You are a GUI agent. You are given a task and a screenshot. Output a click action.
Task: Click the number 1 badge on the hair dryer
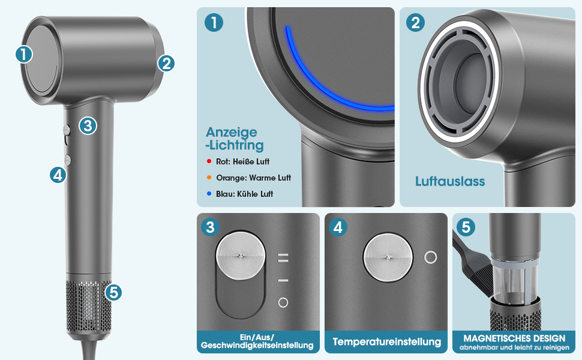(24, 55)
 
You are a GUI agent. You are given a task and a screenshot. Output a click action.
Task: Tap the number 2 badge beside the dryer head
(166, 64)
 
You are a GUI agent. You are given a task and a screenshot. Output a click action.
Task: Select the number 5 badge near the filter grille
(113, 292)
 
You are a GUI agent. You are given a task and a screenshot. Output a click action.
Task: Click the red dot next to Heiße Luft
(209, 161)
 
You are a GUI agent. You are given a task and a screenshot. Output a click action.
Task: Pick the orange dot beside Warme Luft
(209, 178)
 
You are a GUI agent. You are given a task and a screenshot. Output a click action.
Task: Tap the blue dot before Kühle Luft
(209, 194)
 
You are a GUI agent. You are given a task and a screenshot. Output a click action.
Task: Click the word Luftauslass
(450, 181)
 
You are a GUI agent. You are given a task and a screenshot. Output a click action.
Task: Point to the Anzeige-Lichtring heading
(235, 139)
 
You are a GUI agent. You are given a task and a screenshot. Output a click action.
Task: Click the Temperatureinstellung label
(387, 342)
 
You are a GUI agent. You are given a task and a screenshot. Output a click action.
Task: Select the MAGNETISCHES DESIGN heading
(514, 338)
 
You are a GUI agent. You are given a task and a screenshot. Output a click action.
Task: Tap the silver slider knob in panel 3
(241, 256)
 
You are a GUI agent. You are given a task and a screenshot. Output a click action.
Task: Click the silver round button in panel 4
(388, 257)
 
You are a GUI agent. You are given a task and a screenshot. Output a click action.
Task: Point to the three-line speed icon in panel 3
(283, 257)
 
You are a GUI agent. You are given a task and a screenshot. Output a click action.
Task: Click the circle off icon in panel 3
(283, 302)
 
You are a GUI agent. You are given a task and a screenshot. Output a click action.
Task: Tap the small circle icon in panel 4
(431, 257)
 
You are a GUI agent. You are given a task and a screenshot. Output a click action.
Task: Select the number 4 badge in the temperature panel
(338, 227)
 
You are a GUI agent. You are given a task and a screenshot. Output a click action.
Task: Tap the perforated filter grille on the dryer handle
(89, 305)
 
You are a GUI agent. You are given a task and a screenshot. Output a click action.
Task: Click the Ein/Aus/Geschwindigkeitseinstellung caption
(257, 341)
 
